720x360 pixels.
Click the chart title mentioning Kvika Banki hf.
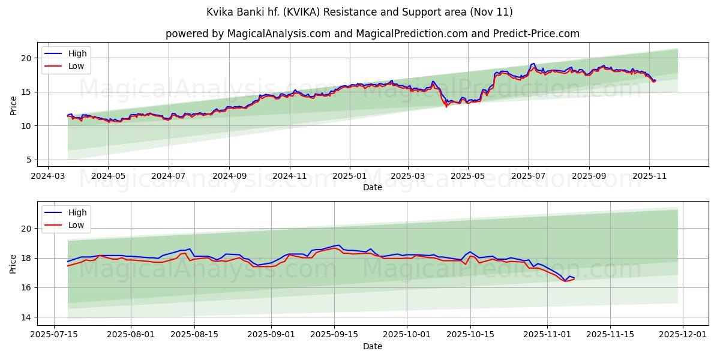tap(359, 12)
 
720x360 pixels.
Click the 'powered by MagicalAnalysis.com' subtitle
tap(372, 34)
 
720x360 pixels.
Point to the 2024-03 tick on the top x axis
tap(47, 176)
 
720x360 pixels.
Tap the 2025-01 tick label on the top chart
tap(349, 176)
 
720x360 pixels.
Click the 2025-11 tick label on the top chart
tap(649, 176)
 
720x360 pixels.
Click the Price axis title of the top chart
tap(13, 105)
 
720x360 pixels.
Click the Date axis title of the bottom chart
tap(372, 346)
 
